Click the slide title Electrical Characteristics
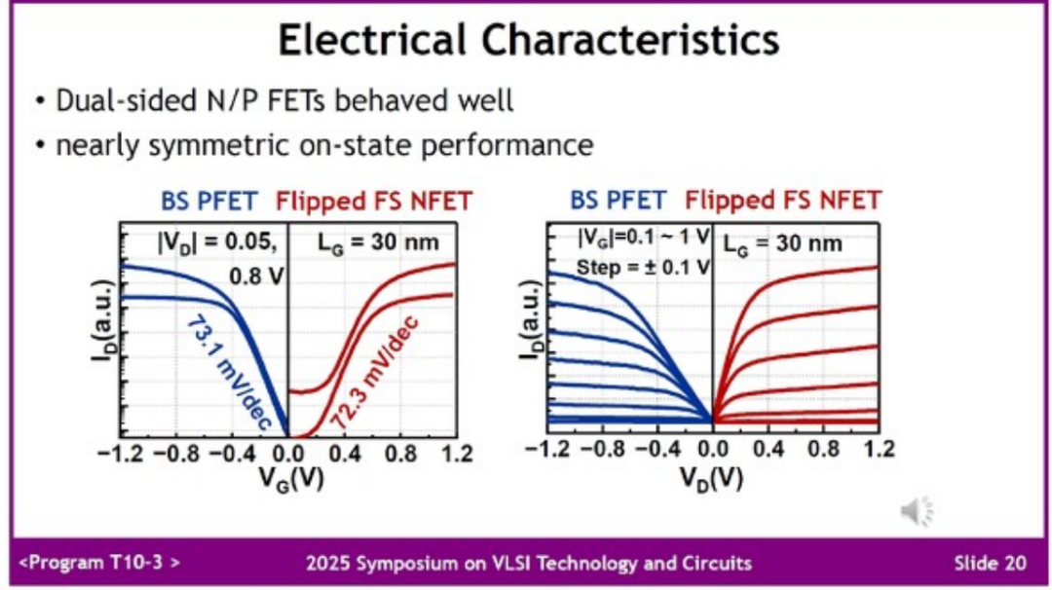[x=528, y=41]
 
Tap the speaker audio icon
[x=916, y=509]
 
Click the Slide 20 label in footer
[x=989, y=563]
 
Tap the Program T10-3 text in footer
[x=99, y=563]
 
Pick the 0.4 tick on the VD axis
[x=769, y=450]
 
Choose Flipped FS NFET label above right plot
[x=782, y=202]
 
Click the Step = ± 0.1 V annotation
[x=630, y=266]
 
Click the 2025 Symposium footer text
[x=528, y=563]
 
